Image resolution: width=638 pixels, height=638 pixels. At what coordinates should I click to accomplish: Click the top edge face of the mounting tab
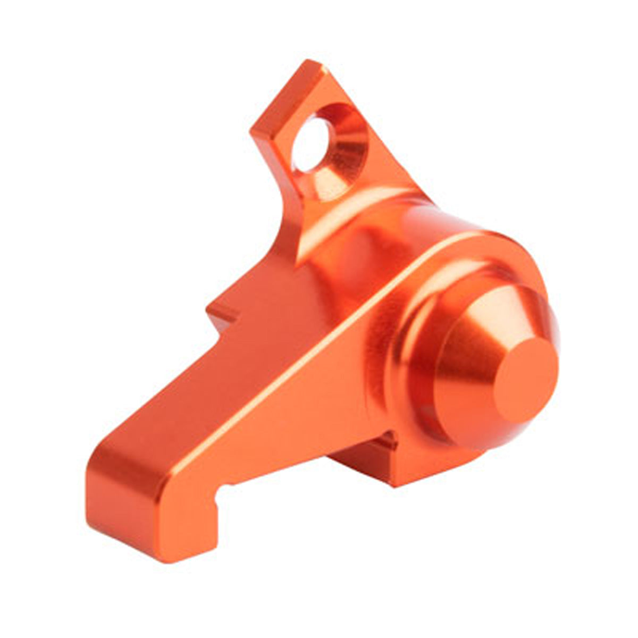pos(287,96)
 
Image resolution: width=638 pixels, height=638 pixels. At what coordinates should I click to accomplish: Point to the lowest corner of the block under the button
pos(396,485)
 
